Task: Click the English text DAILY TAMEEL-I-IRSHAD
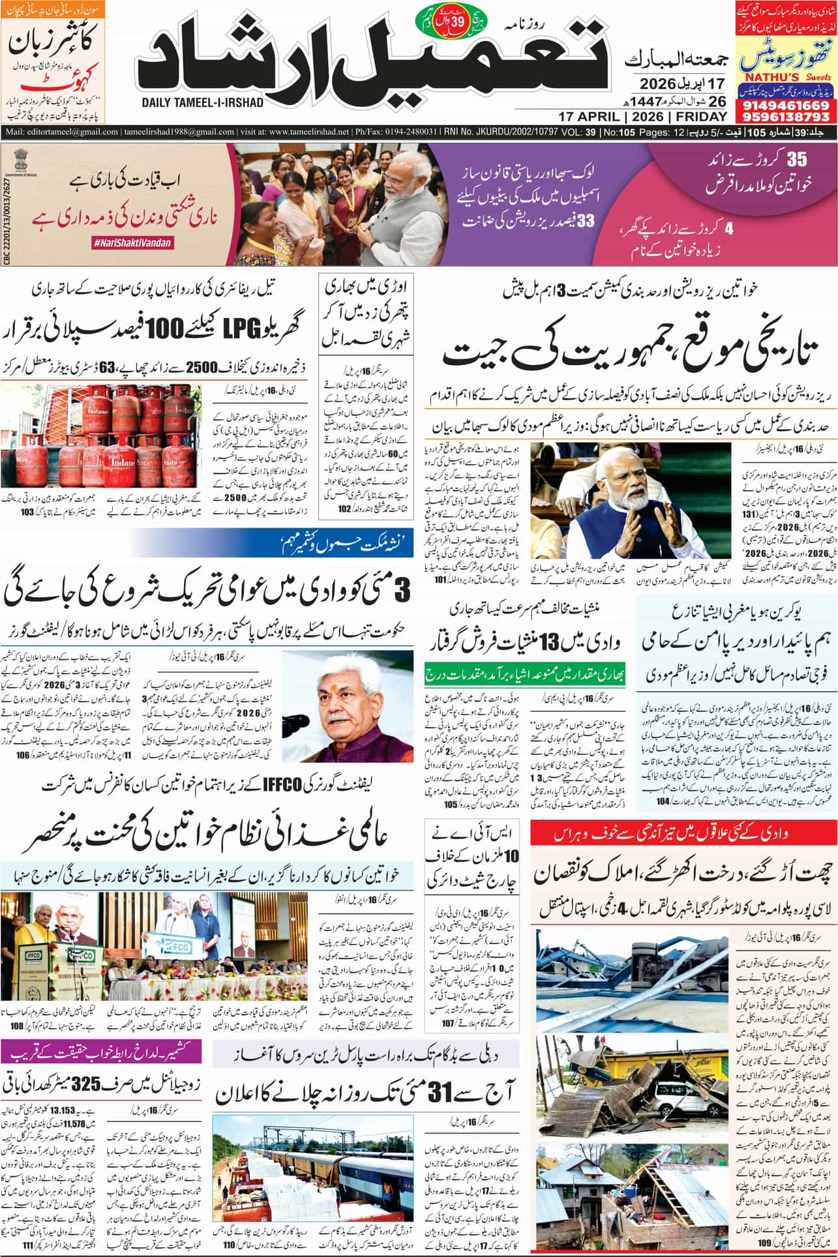click(x=203, y=103)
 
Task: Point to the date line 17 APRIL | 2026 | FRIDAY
click(x=642, y=117)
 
